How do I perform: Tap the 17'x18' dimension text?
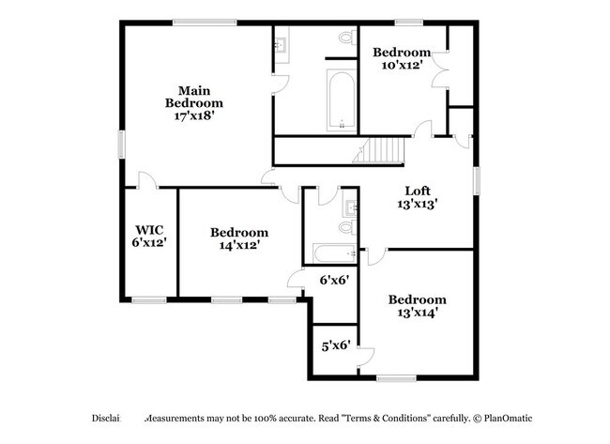coord(194,116)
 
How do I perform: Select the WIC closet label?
coord(149,229)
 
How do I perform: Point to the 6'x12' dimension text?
coord(149,243)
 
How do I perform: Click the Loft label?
coord(418,189)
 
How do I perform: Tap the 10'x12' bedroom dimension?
coord(402,65)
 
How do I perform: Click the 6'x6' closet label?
coord(335,280)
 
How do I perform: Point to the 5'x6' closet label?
coord(335,344)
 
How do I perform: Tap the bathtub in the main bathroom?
coord(341,100)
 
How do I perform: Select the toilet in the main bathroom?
coord(344,38)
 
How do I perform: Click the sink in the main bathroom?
coord(282,41)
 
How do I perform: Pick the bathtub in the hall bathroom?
coord(334,253)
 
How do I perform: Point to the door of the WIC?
coord(143,181)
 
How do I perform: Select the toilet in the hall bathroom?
coord(345,226)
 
